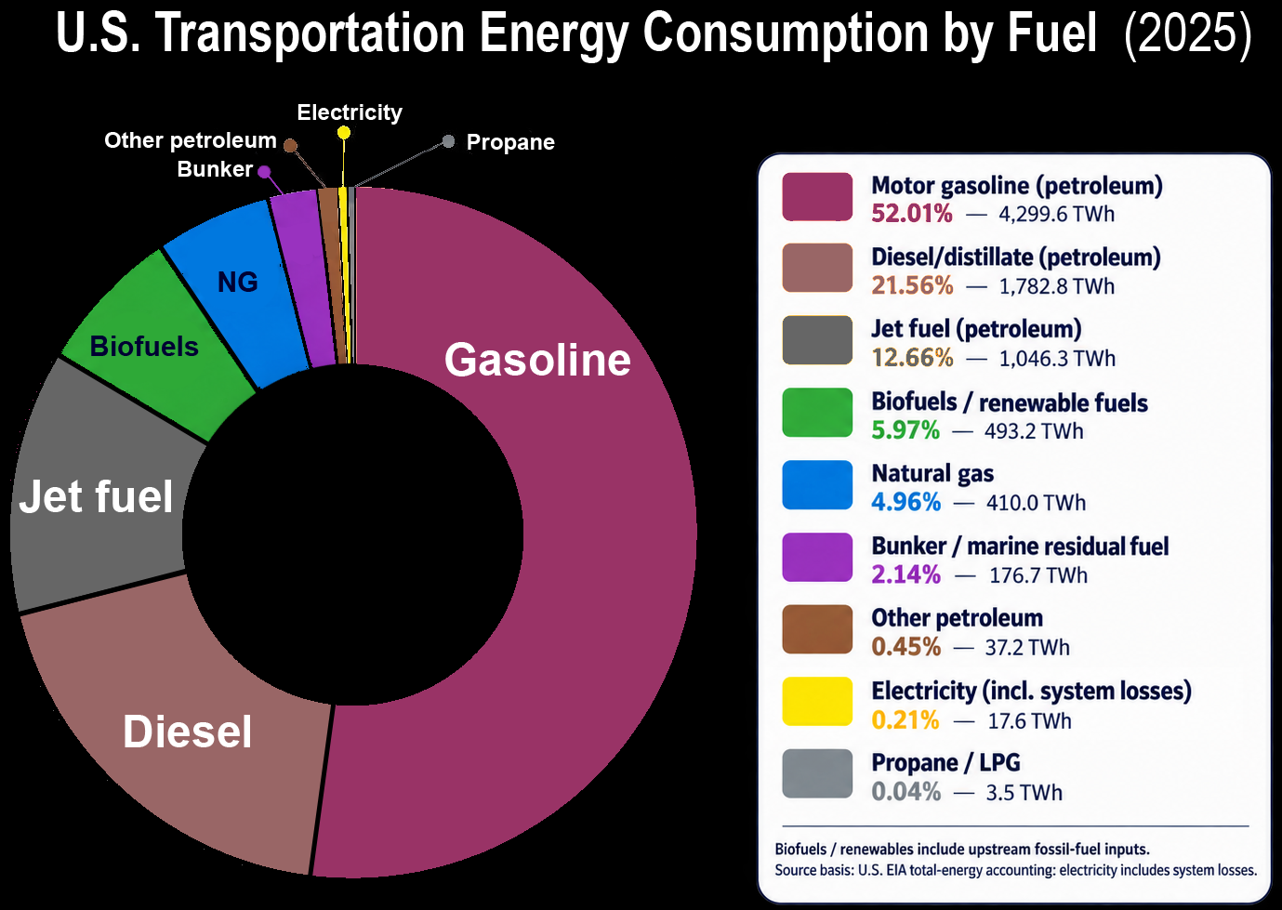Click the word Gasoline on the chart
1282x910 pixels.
click(537, 360)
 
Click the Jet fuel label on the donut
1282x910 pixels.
click(96, 495)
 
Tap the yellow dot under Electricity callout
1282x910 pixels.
click(343, 133)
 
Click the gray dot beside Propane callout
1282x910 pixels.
click(449, 140)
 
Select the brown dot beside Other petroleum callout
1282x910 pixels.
click(290, 145)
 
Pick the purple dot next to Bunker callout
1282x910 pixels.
click(264, 171)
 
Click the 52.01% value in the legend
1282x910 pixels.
click(912, 214)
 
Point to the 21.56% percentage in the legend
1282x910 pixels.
click(912, 285)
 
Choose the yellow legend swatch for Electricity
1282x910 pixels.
click(817, 701)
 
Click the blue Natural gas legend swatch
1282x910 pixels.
click(817, 484)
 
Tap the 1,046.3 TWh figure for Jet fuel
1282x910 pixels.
click(1057, 358)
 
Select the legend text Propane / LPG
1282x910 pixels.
click(945, 762)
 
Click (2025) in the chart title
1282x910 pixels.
click(1187, 33)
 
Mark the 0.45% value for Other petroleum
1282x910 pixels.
click(906, 646)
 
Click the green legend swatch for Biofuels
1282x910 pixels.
click(817, 412)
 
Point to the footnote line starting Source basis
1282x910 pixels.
click(1016, 870)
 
